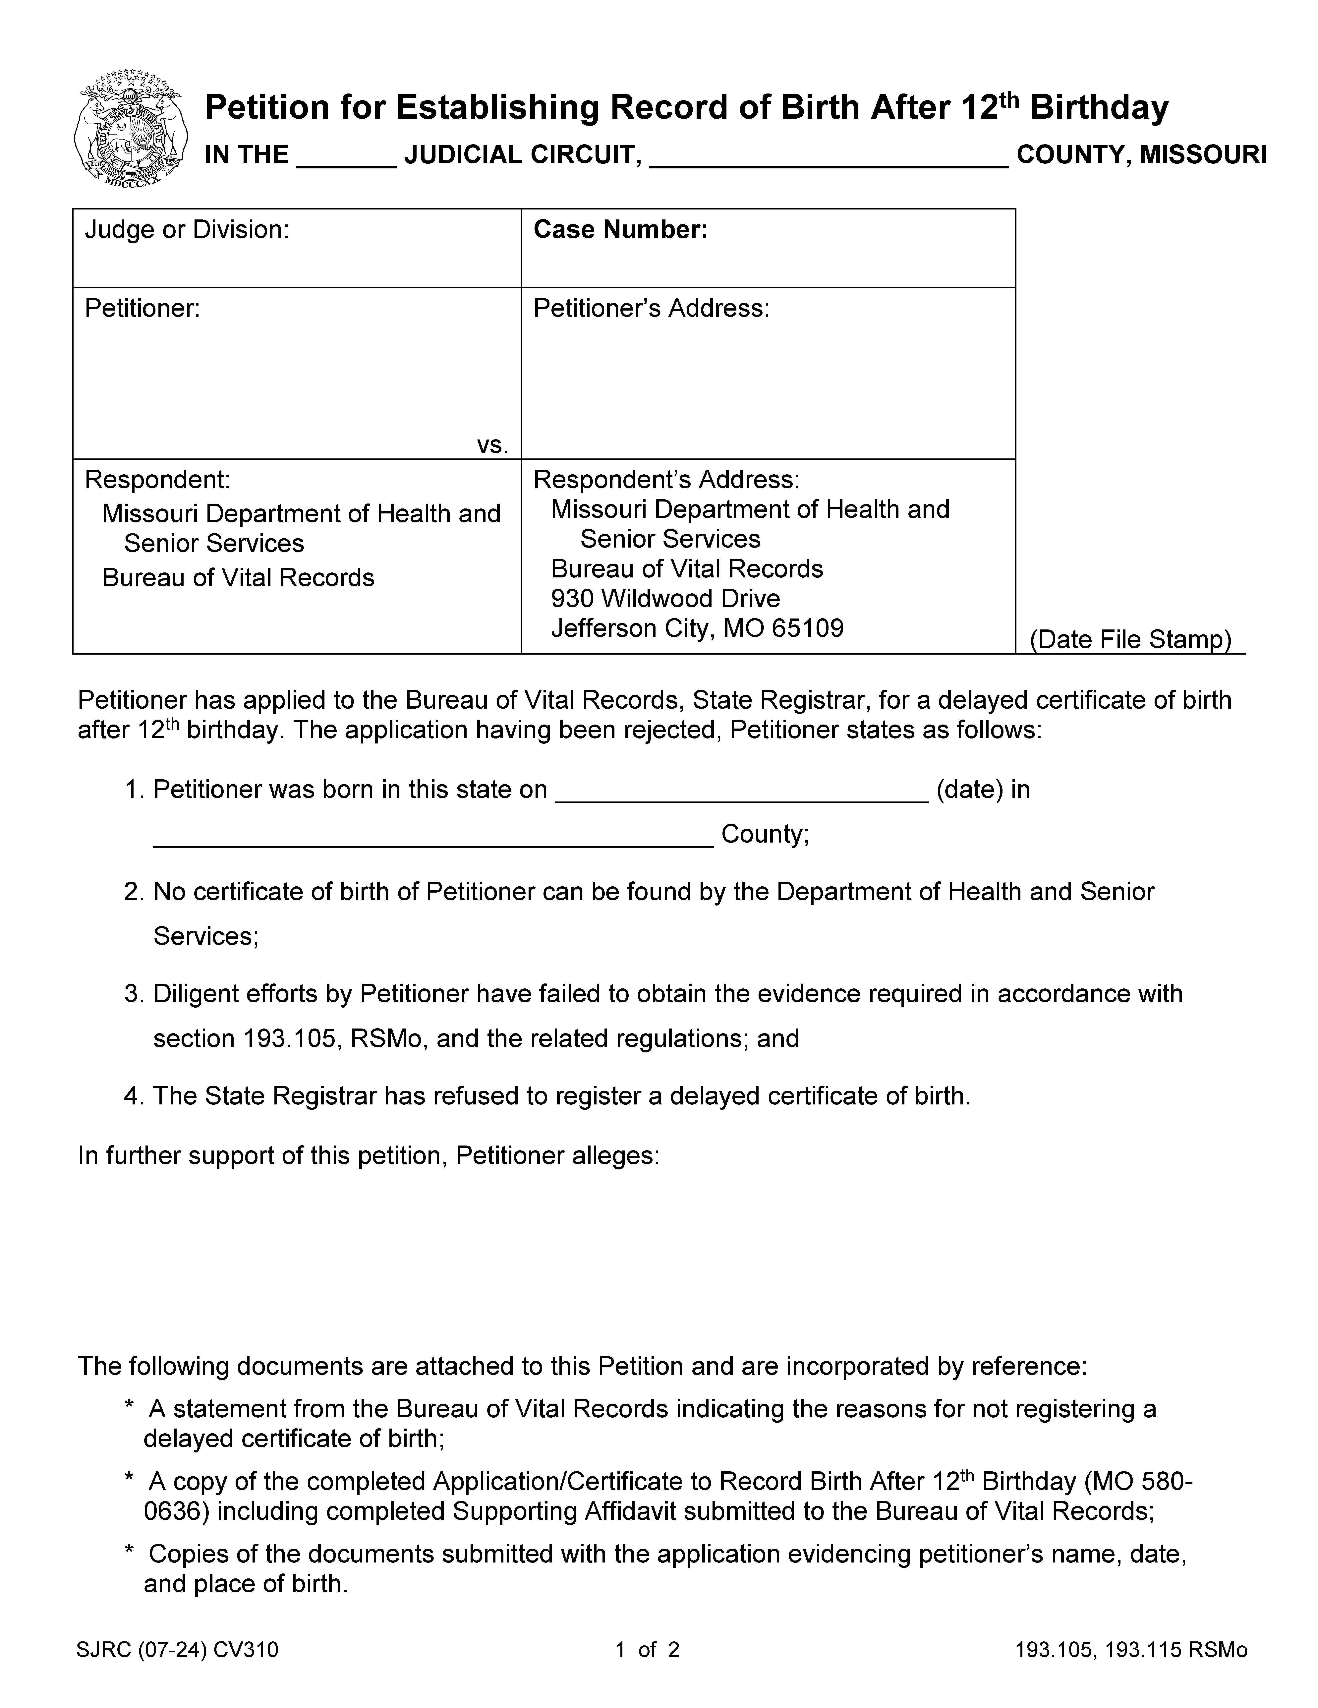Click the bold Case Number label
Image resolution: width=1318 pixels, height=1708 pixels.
tap(620, 230)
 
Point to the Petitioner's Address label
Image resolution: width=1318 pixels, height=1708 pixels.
tap(651, 309)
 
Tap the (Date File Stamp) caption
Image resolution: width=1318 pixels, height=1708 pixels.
tap(1130, 640)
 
